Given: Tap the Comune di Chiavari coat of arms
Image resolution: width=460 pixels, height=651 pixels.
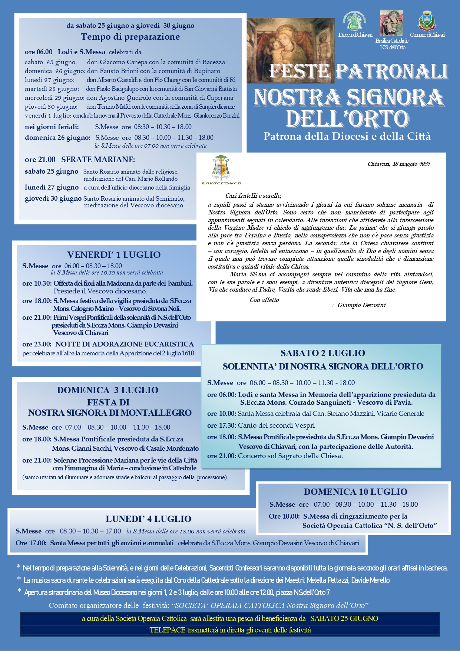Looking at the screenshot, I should (x=427, y=21).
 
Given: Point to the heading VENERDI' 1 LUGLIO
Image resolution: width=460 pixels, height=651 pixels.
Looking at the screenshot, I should (x=114, y=255).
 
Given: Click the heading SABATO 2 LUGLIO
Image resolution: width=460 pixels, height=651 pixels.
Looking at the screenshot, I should (x=322, y=353).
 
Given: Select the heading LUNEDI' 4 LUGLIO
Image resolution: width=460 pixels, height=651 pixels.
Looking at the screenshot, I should (x=148, y=519).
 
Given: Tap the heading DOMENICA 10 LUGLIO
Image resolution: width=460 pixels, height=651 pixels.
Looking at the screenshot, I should (x=355, y=492).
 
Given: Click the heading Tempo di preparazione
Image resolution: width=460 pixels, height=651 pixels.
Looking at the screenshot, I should (x=130, y=37).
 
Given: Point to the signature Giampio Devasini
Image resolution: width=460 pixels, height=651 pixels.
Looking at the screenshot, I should (x=361, y=305).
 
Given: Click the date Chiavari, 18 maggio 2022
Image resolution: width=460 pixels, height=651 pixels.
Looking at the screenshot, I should (x=398, y=164).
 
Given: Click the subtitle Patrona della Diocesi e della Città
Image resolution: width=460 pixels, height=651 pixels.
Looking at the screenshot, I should (x=347, y=137).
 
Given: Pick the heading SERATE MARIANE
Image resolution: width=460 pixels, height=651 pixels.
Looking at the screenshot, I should (x=98, y=160).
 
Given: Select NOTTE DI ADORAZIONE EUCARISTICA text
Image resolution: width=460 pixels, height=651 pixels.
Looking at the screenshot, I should (x=125, y=344).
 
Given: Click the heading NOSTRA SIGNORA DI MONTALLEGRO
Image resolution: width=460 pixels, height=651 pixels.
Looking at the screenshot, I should (x=110, y=413).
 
